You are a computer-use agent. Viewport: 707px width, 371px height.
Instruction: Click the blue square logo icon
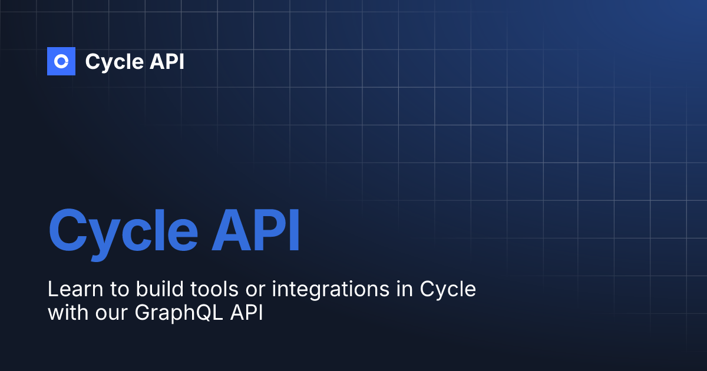61,61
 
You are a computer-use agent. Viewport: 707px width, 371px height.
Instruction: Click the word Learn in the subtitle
68,290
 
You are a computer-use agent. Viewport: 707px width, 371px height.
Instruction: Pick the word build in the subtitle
137,290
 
